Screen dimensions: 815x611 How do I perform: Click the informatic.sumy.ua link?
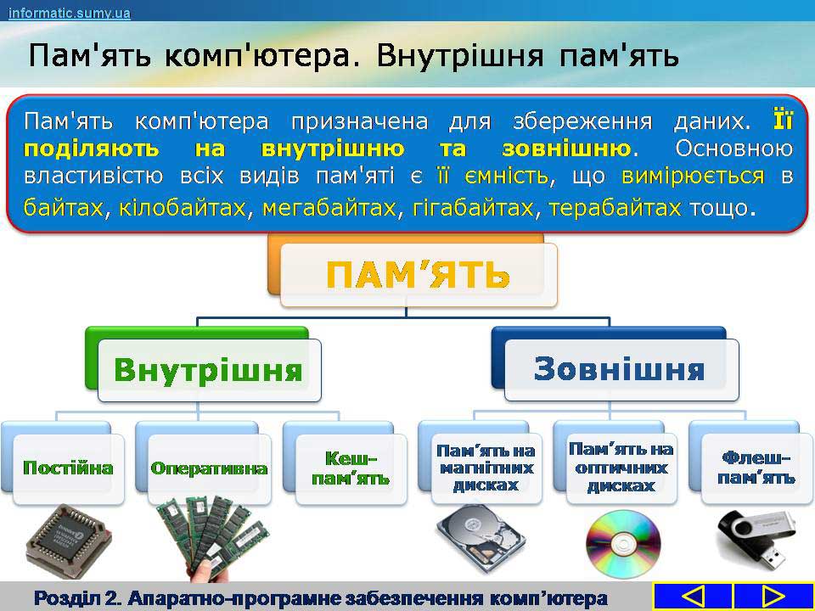(x=69, y=13)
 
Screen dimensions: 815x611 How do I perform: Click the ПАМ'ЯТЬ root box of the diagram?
(x=419, y=274)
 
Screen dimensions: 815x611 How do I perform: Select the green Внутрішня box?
(x=209, y=370)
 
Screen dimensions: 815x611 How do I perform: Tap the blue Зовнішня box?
(x=621, y=369)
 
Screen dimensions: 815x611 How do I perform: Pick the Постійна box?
(x=68, y=468)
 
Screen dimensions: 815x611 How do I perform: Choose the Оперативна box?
(x=209, y=468)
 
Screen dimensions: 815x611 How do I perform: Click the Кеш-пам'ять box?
(x=351, y=468)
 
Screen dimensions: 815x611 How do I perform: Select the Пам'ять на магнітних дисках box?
(x=486, y=468)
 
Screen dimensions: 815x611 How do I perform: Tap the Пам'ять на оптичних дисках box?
(x=621, y=468)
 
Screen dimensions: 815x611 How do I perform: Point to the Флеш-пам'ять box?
(x=756, y=468)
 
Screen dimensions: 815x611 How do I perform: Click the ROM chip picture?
(x=68, y=541)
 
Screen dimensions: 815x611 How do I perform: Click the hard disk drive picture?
(x=481, y=538)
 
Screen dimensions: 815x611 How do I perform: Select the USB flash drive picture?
(x=756, y=541)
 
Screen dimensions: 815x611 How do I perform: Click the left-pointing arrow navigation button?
(x=693, y=597)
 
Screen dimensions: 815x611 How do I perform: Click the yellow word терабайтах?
(x=615, y=208)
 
